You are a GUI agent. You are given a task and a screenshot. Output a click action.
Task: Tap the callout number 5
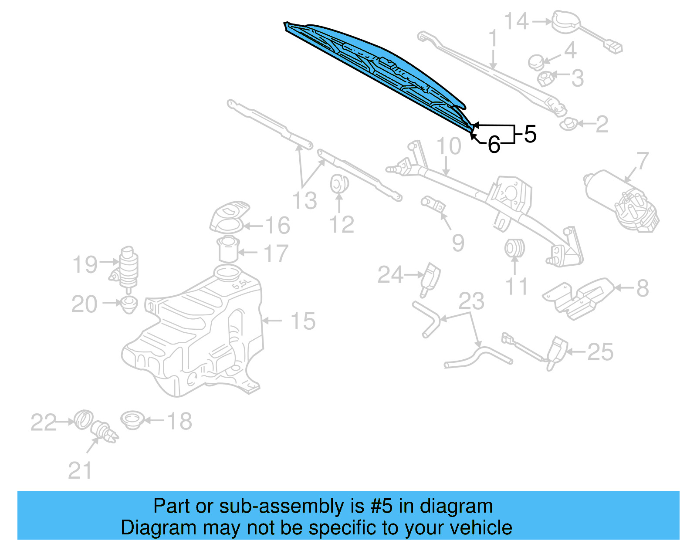coord(530,134)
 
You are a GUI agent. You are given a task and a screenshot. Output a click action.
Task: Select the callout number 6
coord(494,145)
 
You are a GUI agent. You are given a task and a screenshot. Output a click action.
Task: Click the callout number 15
coord(302,321)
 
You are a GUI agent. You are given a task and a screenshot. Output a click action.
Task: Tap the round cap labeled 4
coord(536,61)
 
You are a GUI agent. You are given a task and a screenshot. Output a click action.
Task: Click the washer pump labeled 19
coord(126,268)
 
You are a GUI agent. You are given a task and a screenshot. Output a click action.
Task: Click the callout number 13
coord(305,201)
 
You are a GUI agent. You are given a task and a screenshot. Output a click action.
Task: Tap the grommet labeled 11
coord(514,248)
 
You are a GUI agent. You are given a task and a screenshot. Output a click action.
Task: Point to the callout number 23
coord(471,301)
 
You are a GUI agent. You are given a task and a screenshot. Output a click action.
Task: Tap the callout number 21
coord(80,471)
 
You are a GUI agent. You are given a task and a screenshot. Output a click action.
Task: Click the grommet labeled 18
coord(132,420)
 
